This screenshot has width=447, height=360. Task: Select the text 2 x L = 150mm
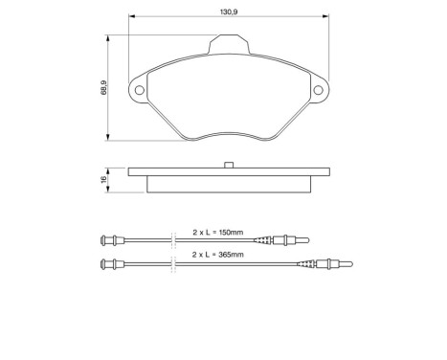[217, 232]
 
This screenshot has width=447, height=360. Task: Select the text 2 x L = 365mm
[217, 254]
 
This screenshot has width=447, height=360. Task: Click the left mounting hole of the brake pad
[141, 91]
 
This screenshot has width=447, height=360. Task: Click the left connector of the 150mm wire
[110, 239]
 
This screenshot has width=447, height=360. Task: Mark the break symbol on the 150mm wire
[170, 239]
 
